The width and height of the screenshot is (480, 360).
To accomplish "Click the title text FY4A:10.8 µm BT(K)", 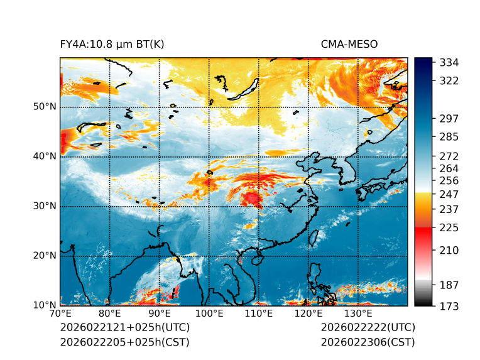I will (112, 44).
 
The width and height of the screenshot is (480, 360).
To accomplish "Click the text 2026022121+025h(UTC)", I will (124, 328).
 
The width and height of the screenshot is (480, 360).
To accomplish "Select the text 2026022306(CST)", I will (368, 342).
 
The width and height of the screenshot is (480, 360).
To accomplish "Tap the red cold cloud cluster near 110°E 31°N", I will (253, 199).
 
